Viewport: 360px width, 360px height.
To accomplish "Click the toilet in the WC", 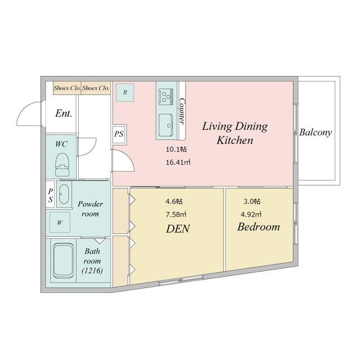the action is pos(62,165).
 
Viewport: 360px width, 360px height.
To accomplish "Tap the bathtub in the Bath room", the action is pos(64,260).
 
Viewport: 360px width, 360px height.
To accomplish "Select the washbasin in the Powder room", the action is pos(64,194).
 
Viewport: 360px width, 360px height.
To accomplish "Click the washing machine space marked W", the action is pos(60,222).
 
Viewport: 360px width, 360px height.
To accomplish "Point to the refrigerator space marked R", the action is pos(125,92).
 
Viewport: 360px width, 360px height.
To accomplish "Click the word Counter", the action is pos(182,111).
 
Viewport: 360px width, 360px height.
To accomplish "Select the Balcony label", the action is pos(316,133).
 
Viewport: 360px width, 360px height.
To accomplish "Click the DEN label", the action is pos(178,229).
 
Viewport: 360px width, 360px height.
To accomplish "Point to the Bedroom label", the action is pos(259,227).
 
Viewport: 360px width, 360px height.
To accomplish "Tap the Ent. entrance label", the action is pos(64,113).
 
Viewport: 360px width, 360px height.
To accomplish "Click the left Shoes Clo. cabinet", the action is pos(67,88).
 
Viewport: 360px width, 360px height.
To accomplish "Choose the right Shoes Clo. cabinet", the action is pos(96,88).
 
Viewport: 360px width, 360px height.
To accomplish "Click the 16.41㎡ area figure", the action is pos(178,163).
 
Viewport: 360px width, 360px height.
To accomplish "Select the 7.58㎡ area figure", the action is pos(176,214).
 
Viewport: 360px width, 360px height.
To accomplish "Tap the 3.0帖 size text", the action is pos(252,201).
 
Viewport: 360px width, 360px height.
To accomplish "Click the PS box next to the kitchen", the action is pos(119,134).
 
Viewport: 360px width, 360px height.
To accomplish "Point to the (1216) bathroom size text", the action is pos(92,271).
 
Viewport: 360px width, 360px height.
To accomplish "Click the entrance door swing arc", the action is pos(23,110).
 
